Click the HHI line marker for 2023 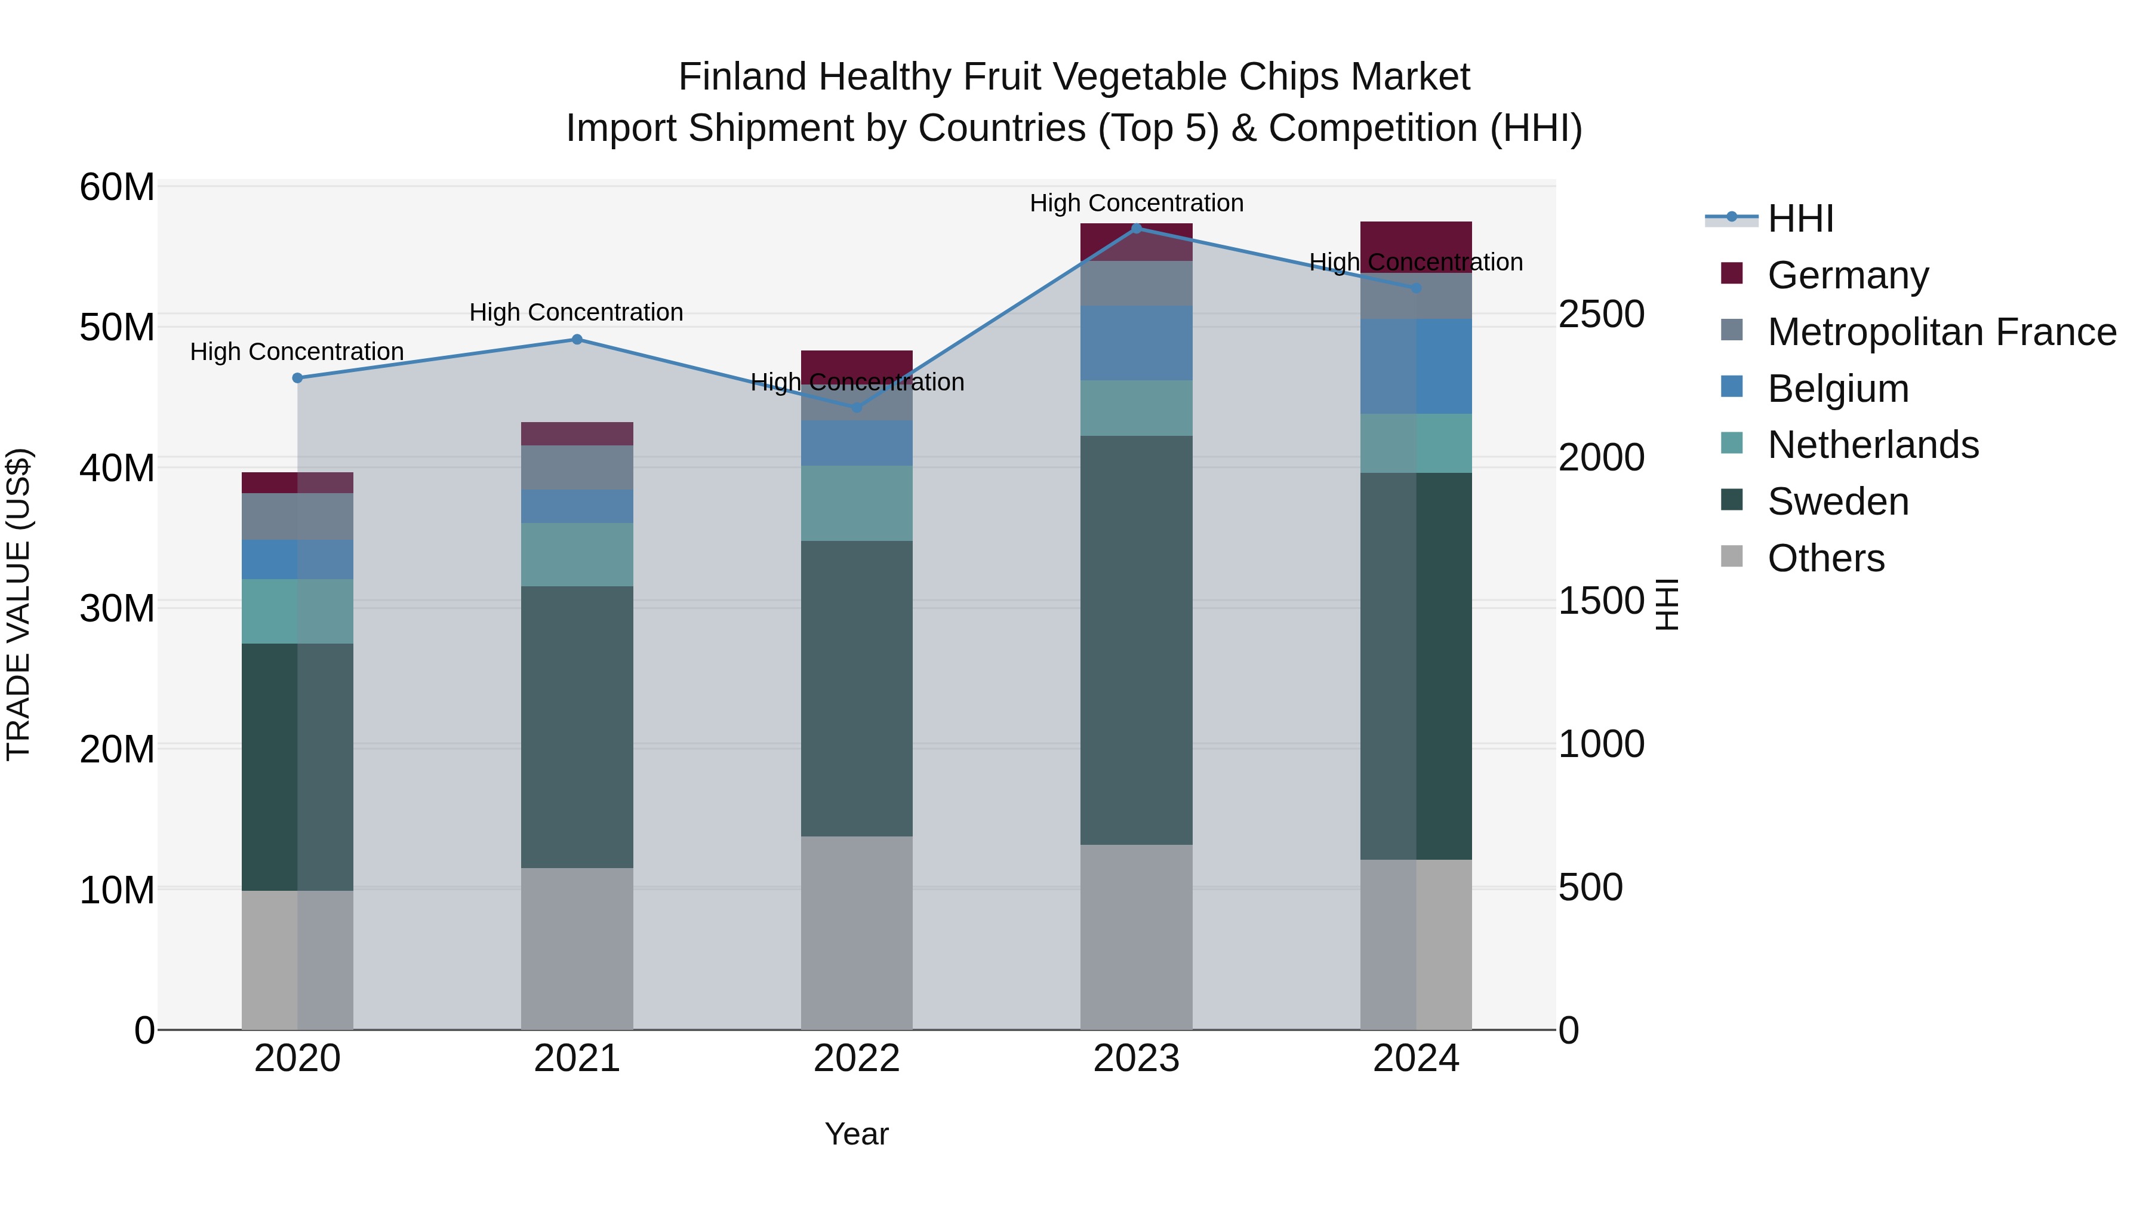[1136, 229]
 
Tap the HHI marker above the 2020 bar [298, 378]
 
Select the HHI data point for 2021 [577, 340]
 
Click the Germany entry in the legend [1847, 275]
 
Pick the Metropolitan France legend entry [1941, 332]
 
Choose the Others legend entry [1825, 558]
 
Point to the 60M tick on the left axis [117, 187]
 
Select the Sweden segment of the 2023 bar [1136, 640]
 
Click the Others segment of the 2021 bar [577, 949]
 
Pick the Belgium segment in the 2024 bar [1416, 367]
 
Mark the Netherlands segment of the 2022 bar [857, 503]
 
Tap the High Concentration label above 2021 [577, 313]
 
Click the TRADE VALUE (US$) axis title [19, 604]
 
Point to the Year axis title [857, 1135]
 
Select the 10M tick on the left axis [117, 890]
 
